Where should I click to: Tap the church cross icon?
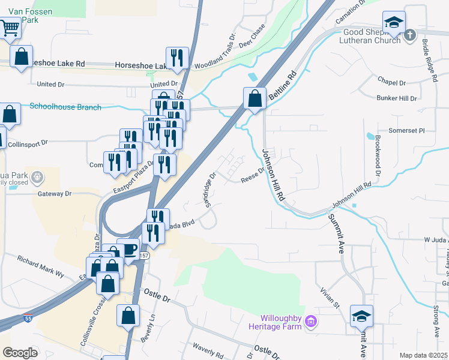coord(410,35)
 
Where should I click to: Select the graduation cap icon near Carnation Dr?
coord(394,23)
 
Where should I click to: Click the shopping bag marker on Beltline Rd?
coord(255,98)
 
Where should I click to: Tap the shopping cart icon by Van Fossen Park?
coord(9,26)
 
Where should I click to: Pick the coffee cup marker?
coord(128,248)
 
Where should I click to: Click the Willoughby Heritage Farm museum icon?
coord(310,322)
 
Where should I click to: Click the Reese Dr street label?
coord(253,175)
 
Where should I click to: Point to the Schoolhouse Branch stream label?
coord(65,107)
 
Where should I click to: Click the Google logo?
coord(20,353)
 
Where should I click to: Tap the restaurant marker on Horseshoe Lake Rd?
coord(176,58)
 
